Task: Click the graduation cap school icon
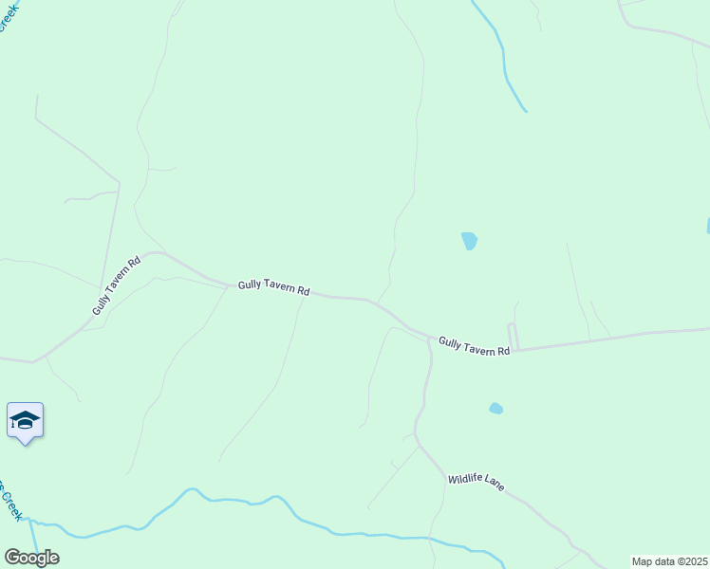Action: point(25,420)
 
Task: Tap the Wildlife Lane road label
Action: point(476,482)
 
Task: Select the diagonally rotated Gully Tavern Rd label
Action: point(117,285)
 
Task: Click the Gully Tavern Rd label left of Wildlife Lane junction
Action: point(274,286)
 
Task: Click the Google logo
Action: point(31,558)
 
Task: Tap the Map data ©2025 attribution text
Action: point(669,561)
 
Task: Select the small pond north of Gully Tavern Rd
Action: point(469,241)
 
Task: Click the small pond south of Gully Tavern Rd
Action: point(495,409)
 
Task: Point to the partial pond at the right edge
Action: point(707,226)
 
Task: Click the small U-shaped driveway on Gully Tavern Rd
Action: point(513,336)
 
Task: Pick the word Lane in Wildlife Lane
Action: point(495,484)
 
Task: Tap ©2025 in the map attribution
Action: point(691,561)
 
